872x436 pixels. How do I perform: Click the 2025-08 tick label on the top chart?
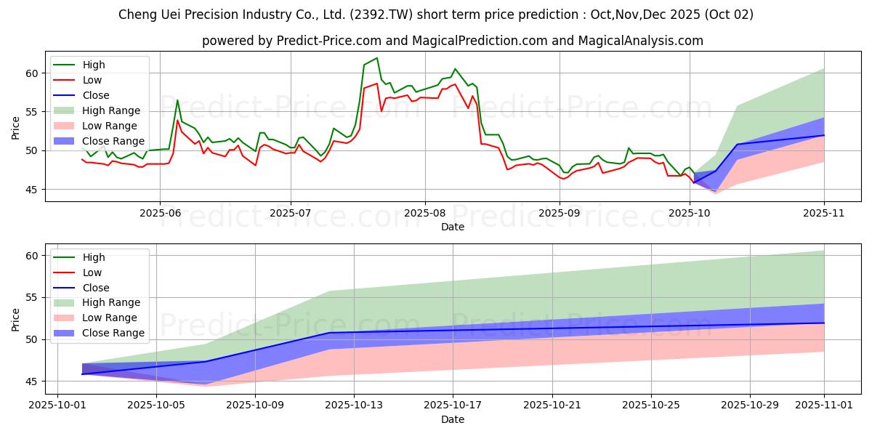[424, 214]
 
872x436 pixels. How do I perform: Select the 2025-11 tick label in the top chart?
[824, 214]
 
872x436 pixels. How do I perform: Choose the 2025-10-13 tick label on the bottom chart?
[354, 405]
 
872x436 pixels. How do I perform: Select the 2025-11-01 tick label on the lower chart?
[824, 405]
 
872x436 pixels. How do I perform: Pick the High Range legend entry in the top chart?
[111, 110]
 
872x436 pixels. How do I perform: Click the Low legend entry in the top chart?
[92, 80]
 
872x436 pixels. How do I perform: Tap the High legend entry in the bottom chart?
[94, 257]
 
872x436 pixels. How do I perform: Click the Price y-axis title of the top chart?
[16, 127]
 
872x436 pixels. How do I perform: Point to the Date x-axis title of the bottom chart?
[453, 419]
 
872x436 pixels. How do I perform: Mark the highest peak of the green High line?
[376, 58]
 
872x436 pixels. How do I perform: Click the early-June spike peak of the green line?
[177, 100]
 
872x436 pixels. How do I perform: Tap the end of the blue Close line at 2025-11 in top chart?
[824, 135]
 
